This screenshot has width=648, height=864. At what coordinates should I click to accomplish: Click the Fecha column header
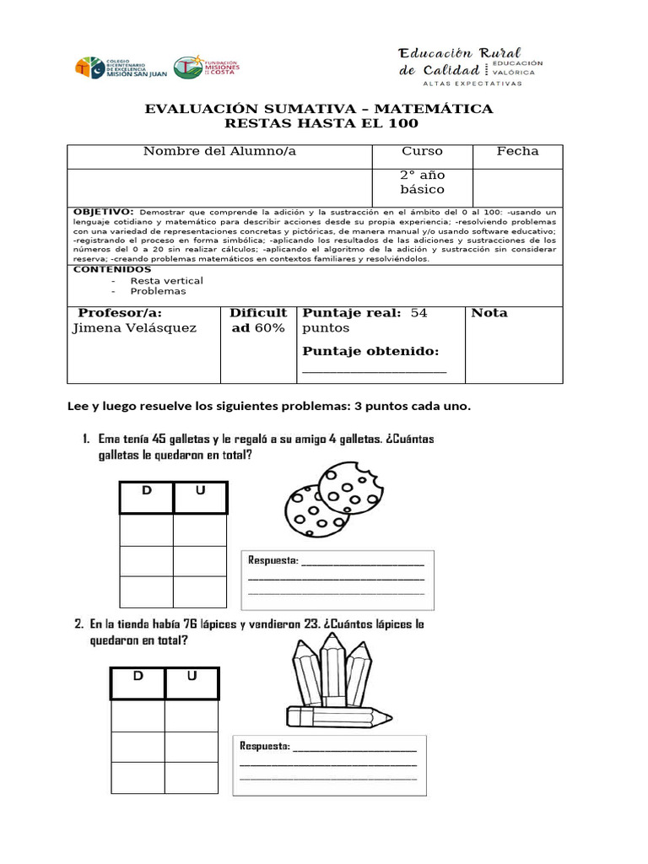[x=517, y=151]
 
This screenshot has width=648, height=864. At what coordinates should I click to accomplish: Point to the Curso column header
[x=422, y=151]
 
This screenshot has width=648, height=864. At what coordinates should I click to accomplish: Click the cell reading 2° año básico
[x=422, y=182]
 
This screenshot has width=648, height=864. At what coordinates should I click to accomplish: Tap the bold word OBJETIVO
[x=103, y=211]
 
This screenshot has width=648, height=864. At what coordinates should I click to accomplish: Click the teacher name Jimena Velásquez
[x=134, y=328]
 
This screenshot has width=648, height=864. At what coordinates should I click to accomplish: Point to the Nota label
[x=489, y=313]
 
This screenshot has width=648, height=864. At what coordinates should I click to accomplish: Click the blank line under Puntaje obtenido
[x=374, y=370]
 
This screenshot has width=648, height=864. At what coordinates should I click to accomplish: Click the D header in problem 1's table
[x=146, y=490]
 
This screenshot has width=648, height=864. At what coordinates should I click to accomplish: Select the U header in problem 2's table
[x=192, y=676]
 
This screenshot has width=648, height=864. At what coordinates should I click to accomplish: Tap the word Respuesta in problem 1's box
[x=273, y=560]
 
